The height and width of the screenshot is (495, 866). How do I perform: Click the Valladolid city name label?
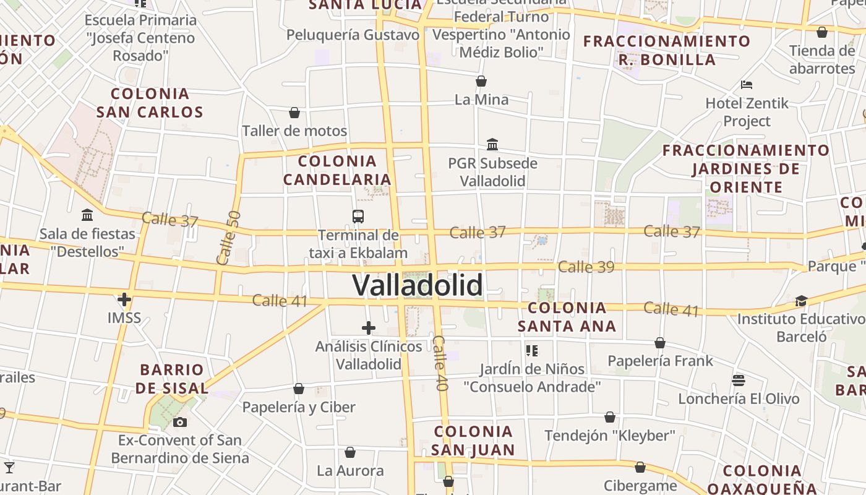418,285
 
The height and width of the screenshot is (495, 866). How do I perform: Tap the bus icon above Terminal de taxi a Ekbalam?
358,217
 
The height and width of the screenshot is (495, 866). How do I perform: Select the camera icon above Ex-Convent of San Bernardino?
180,423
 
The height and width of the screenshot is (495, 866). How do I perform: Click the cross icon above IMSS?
124,300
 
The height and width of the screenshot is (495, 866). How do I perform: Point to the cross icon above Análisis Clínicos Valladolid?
369,328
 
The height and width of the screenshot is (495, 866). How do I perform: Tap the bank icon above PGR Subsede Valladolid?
492,145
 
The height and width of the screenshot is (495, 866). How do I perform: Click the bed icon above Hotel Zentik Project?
747,84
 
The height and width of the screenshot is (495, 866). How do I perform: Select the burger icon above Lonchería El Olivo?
738,380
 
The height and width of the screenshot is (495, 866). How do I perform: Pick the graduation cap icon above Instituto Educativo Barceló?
801,301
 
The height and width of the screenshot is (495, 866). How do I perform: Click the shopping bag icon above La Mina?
481,81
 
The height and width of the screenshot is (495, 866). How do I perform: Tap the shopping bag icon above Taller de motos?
294,113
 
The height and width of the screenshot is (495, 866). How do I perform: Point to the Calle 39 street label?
586,267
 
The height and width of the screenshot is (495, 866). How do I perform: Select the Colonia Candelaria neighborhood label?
338,170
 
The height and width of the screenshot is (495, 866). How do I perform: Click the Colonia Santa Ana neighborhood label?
567,317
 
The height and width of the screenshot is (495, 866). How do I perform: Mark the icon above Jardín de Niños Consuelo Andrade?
531,351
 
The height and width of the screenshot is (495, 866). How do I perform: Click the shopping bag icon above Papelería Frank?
660,343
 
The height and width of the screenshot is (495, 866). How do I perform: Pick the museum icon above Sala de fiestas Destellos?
87,215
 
